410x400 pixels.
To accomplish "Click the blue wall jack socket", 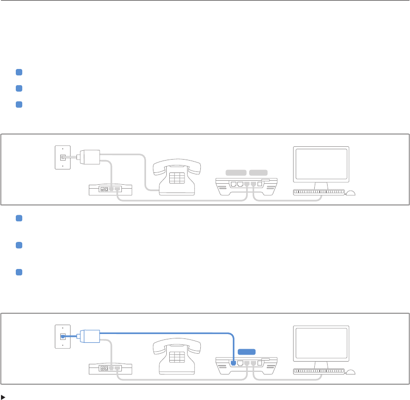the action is [62, 337].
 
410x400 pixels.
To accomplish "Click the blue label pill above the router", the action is [247, 352].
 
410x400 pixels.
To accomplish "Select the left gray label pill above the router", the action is [236, 172].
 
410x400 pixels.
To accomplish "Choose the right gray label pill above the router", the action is [259, 172].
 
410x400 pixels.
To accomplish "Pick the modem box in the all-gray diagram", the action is [111, 189].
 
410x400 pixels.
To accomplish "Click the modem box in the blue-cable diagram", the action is [111, 368].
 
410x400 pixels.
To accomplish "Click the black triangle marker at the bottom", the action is [3, 396].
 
